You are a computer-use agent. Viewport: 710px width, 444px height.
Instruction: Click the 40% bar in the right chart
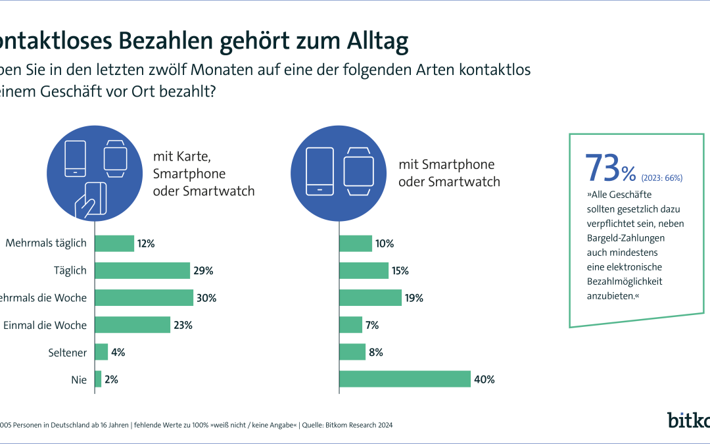click(405, 380)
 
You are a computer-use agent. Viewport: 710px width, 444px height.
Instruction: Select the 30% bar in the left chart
click(144, 298)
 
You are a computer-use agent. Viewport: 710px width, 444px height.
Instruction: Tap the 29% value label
click(204, 270)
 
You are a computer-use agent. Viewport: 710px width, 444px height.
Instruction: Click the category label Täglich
click(70, 270)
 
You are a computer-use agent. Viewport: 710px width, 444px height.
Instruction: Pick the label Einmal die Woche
click(45, 325)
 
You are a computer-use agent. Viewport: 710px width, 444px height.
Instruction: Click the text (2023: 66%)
click(662, 178)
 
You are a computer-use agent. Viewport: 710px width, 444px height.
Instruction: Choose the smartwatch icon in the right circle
click(360, 171)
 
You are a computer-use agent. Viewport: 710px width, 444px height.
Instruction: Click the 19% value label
click(414, 298)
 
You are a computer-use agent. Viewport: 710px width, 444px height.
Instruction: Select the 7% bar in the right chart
click(350, 325)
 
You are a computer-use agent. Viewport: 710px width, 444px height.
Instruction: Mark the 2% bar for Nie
click(98, 380)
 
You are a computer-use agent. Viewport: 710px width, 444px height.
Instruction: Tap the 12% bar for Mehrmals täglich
click(114, 243)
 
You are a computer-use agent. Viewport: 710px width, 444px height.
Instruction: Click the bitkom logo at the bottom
click(688, 420)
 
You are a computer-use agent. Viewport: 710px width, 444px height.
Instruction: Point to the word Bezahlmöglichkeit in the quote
click(624, 282)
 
